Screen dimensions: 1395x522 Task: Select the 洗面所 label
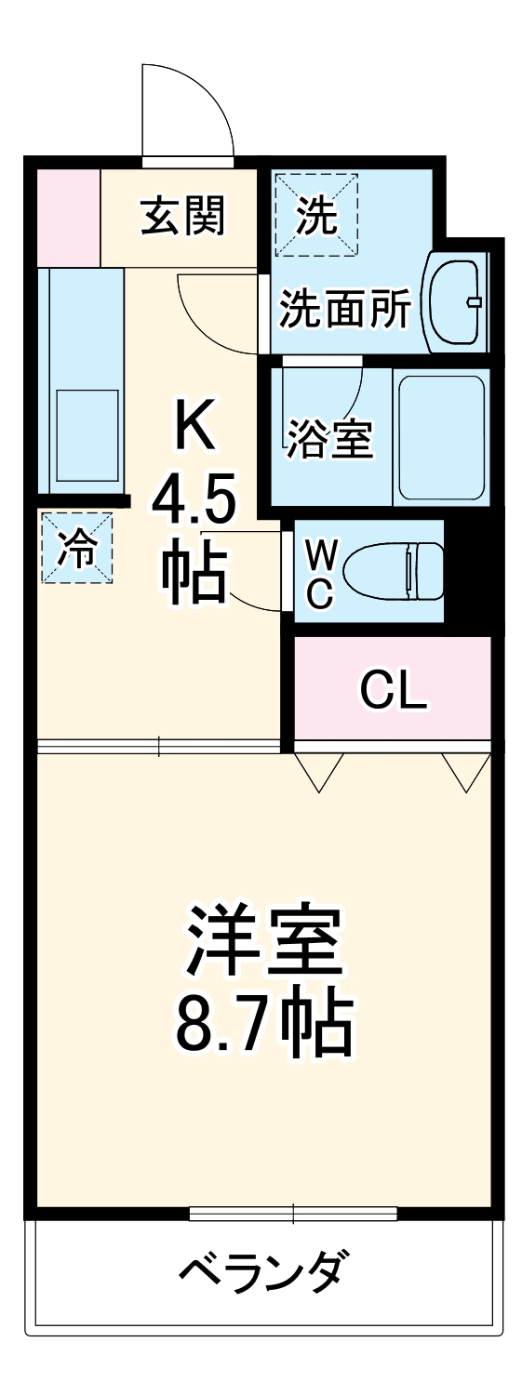[x=345, y=310]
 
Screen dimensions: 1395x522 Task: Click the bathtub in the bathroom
[x=441, y=436]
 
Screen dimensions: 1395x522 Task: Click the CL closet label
[x=393, y=689]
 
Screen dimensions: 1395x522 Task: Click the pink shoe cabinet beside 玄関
[x=67, y=217]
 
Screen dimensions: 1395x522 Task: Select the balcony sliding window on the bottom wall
[x=293, y=1213]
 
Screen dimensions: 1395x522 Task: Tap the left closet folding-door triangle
[x=319, y=771]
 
